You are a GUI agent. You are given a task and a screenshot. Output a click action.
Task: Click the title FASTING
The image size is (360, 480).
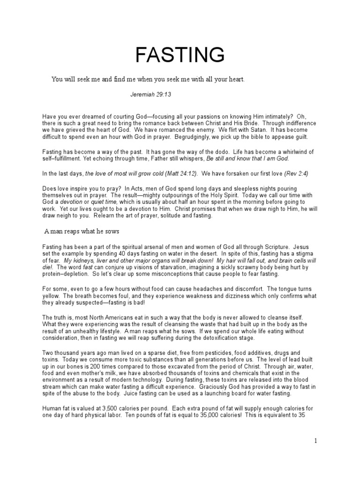click(180, 55)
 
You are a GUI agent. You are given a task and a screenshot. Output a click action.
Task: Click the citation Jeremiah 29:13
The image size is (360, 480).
click(150, 94)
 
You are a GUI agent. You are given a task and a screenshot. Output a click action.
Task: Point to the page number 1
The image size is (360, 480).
click(316, 441)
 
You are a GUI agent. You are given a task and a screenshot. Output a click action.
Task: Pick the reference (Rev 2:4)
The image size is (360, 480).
click(296, 173)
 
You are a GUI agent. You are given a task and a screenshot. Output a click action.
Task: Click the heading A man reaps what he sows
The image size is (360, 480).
click(85, 232)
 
